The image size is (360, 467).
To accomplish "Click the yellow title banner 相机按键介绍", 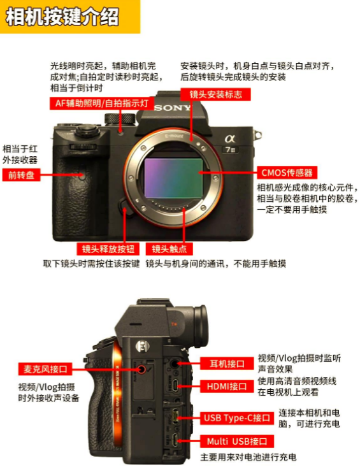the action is [x=70, y=17].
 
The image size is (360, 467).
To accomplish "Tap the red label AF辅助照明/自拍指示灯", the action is [x=101, y=103].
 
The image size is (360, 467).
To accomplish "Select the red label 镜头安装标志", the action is [x=215, y=94].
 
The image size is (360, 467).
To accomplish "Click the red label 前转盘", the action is [x=21, y=175].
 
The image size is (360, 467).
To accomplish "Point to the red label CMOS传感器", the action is [x=287, y=173].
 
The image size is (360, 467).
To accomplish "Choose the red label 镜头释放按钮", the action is [x=108, y=249].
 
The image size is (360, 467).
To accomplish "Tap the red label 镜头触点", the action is [x=169, y=249].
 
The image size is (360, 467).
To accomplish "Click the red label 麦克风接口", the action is [x=45, y=370].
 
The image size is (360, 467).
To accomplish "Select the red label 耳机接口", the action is [x=227, y=363].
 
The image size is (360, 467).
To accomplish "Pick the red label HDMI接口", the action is [x=227, y=386].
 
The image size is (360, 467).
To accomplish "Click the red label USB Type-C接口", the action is [x=237, y=418].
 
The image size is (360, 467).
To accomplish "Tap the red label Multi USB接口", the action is [x=237, y=441].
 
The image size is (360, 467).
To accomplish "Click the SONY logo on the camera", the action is [x=172, y=108].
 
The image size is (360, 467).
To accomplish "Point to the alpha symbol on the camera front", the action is [x=230, y=138].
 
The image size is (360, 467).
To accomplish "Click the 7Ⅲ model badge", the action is [x=231, y=150].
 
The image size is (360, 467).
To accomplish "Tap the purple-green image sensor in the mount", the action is [x=173, y=178].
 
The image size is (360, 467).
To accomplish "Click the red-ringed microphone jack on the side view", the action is [x=142, y=370].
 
